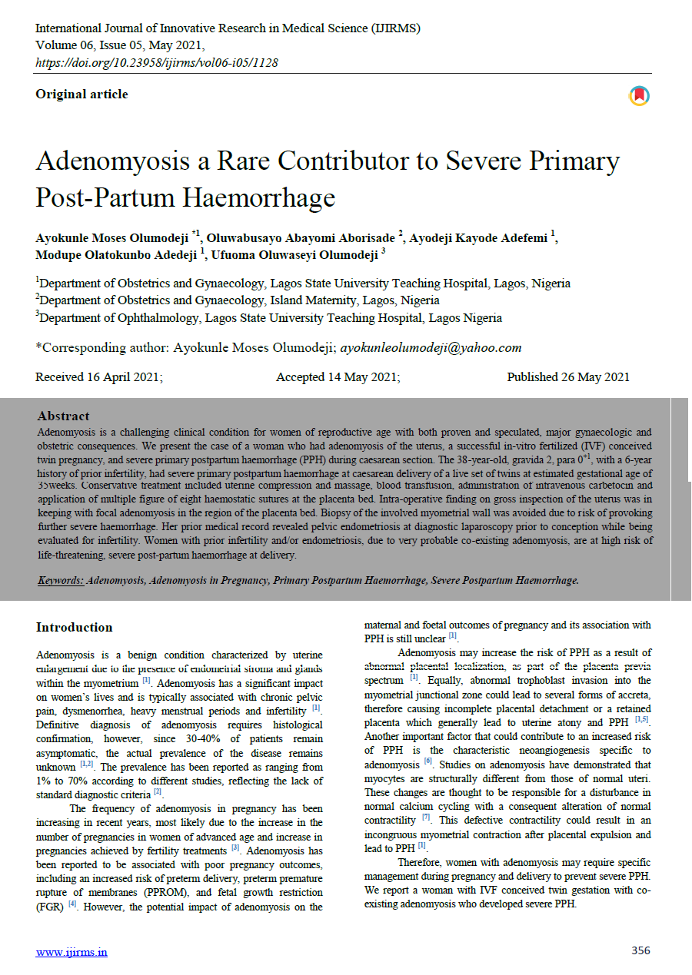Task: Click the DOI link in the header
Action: [x=157, y=62]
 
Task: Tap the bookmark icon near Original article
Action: [x=639, y=95]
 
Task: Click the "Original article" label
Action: [x=82, y=95]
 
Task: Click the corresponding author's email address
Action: [x=431, y=347]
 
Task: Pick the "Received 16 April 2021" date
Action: [x=99, y=377]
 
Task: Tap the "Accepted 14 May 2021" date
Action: [x=338, y=377]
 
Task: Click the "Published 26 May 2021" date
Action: [x=568, y=377]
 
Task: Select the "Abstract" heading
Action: [x=64, y=416]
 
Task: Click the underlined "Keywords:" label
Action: [x=61, y=581]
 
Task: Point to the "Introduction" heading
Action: [x=75, y=628]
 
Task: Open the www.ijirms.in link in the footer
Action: [x=72, y=953]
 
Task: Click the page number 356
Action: [x=640, y=950]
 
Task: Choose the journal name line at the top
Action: [x=228, y=28]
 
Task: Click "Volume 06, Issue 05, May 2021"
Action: [x=120, y=45]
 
